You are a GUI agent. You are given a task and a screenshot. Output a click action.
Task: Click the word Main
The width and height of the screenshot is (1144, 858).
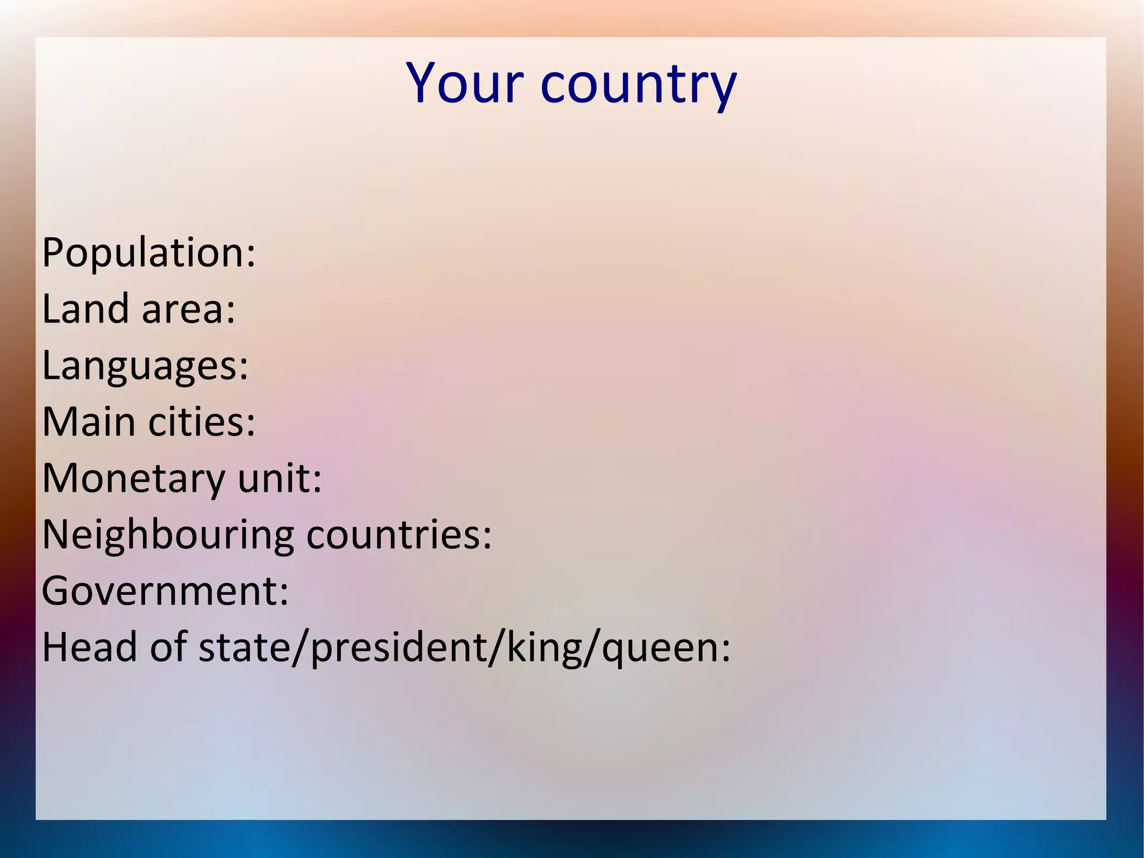(89, 421)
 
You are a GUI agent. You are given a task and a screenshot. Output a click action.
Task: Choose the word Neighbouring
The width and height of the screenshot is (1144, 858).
(168, 535)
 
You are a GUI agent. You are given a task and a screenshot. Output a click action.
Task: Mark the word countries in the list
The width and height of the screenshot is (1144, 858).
(394, 535)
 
